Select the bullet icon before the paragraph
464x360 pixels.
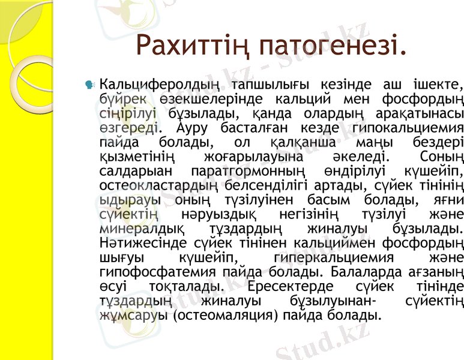pos(90,85)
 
